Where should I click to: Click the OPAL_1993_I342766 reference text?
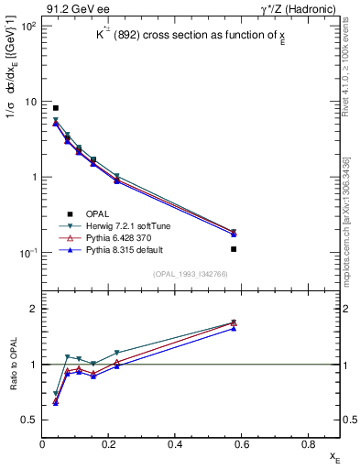pos(191,272)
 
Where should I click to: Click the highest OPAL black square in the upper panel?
pos(56,108)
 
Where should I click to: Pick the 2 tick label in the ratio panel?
pos(35,309)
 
